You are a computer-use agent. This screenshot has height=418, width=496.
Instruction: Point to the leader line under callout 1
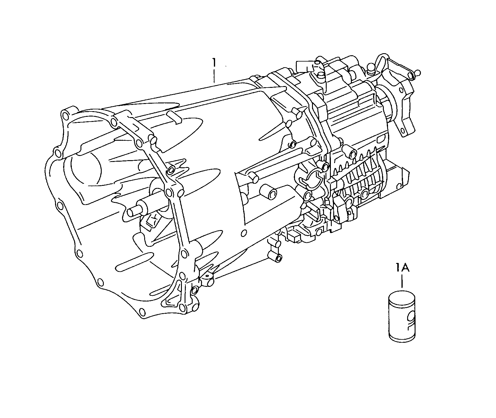pos(214,76)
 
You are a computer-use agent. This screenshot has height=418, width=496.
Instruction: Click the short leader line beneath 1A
pos(402,281)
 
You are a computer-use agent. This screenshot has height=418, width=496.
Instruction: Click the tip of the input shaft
pos(130,212)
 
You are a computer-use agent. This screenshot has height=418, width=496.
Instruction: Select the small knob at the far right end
pos(418,72)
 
